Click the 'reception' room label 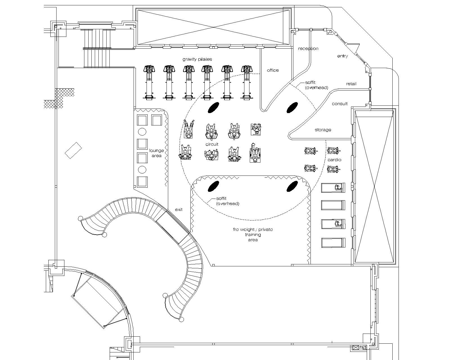(308, 49)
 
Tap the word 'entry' (343, 56)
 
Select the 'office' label (273, 70)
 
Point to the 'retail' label (351, 84)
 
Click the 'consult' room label (339, 104)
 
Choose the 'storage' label (323, 130)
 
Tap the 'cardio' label (334, 160)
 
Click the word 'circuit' (212, 144)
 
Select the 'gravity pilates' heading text (197, 59)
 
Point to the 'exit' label (179, 210)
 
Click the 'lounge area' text (156, 153)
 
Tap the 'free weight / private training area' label (253, 235)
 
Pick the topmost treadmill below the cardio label (333, 188)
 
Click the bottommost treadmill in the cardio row (333, 243)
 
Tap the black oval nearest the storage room (292, 107)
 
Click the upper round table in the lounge (142, 132)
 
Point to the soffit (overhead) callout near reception (316, 85)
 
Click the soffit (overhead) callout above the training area (228, 201)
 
